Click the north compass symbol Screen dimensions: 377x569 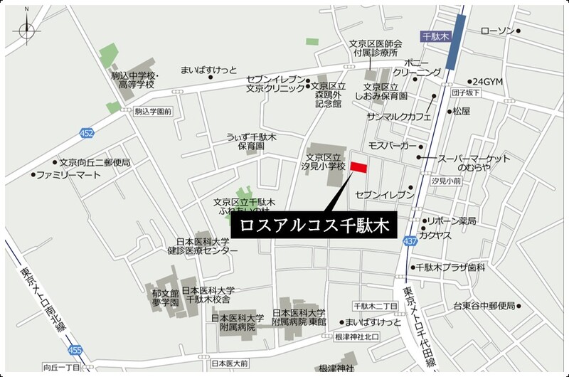(x=27, y=29)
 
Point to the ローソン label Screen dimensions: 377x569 (x=497, y=31)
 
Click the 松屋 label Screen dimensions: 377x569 (x=462, y=111)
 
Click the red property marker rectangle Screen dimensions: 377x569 (x=358, y=168)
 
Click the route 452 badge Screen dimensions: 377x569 (x=87, y=133)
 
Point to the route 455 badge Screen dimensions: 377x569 (x=75, y=350)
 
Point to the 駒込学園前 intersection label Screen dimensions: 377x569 (x=154, y=111)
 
